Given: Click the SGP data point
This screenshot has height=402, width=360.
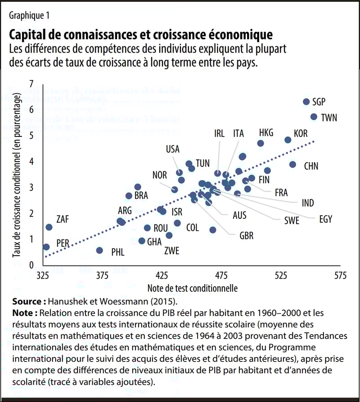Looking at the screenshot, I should click(x=306, y=102).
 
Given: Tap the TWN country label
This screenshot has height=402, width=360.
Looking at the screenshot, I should click(x=329, y=118).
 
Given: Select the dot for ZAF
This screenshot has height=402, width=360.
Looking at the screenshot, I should click(x=49, y=227).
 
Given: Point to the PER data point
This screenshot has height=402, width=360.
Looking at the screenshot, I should click(x=46, y=247).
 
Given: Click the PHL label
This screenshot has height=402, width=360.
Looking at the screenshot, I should click(x=117, y=251).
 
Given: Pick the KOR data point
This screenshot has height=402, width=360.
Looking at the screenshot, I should click(x=288, y=140).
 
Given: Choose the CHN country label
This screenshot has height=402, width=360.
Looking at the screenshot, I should click(x=311, y=166).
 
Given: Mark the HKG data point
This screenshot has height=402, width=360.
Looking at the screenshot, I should click(x=261, y=143).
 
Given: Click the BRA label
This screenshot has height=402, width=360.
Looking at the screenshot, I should click(x=141, y=196).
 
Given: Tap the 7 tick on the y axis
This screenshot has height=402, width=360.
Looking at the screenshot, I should click(x=31, y=84).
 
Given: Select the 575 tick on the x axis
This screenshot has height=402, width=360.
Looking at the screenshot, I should click(x=340, y=276).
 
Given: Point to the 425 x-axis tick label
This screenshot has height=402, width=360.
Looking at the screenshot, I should click(x=162, y=276).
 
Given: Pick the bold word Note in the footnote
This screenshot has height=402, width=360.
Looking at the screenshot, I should click(x=24, y=312).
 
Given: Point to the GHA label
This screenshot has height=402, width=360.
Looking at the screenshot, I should click(x=154, y=242).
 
